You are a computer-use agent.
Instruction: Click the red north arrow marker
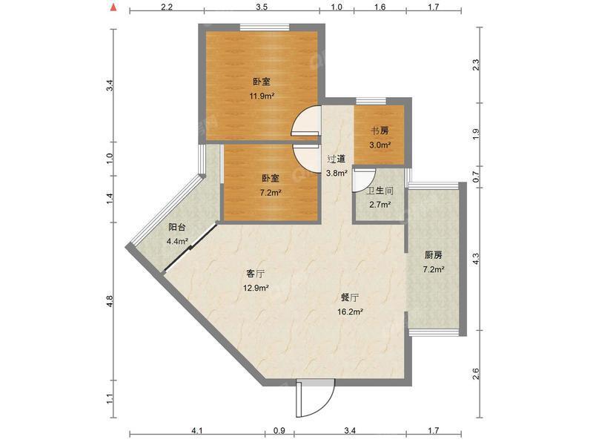tap(113, 7)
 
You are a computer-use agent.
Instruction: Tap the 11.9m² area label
tap(262, 96)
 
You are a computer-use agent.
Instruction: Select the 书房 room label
tap(380, 131)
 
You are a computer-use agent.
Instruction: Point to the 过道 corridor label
tap(337, 159)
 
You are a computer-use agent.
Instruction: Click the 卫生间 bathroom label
tap(380, 191)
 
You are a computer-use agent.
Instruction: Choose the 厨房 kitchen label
tap(434, 255)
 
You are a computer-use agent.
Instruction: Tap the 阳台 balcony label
tap(177, 227)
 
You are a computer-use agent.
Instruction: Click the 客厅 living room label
tap(256, 273)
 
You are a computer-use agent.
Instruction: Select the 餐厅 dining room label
tap(350, 298)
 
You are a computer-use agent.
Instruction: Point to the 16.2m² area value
tap(350, 311)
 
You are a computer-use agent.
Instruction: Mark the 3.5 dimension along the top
tap(262, 7)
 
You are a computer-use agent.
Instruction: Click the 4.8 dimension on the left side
tap(110, 301)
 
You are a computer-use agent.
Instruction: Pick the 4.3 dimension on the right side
tap(476, 258)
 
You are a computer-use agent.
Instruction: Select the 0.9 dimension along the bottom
tap(279, 430)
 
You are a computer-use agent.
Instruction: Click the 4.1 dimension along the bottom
tap(197, 430)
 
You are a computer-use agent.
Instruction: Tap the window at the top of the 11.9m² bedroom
tap(265, 27)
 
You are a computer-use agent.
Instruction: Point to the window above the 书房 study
tap(371, 101)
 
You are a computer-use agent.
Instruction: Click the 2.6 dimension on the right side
tap(476, 374)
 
